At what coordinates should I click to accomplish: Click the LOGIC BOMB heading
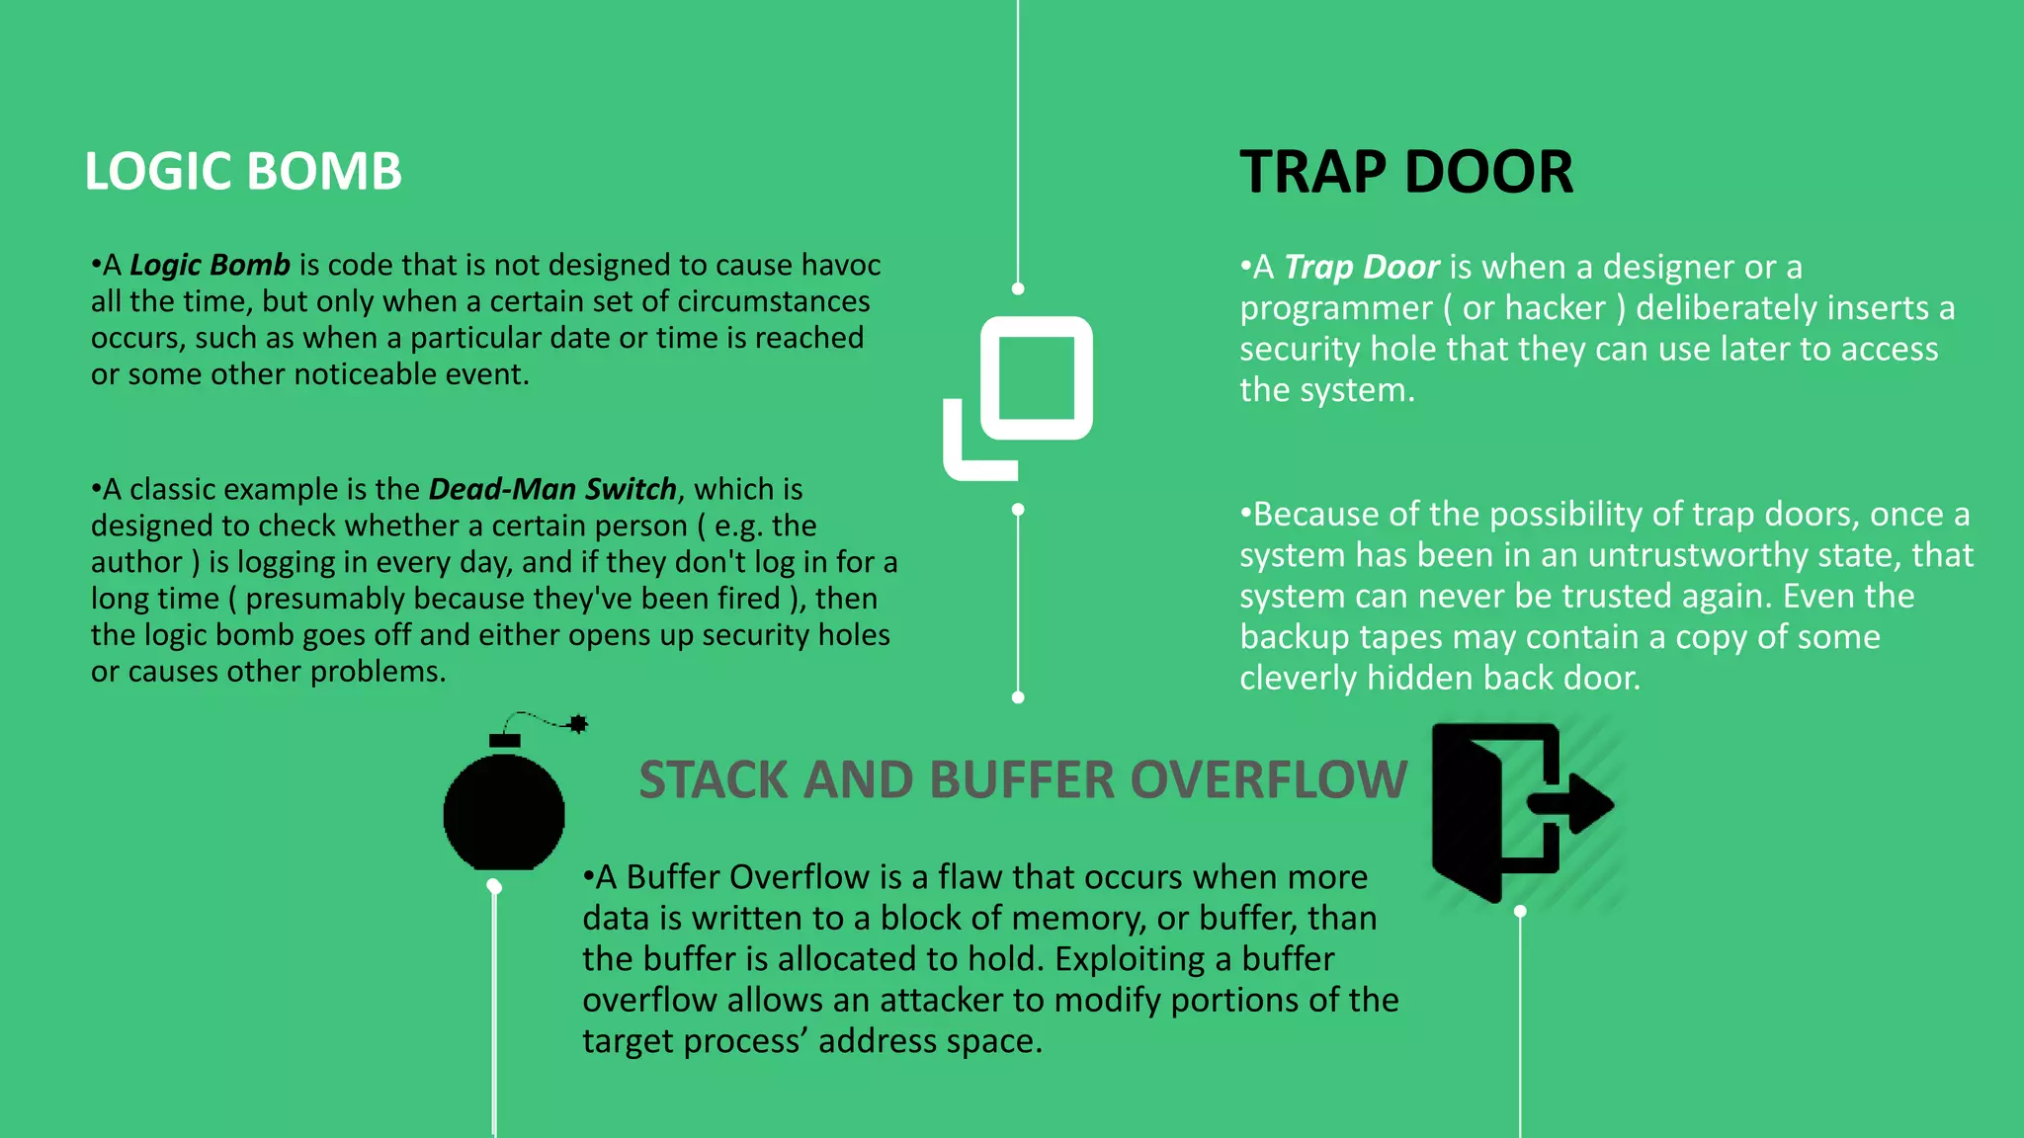243,171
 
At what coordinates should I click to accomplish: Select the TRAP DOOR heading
1405,172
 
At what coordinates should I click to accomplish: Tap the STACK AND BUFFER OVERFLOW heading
1022,779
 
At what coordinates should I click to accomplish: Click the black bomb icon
504,810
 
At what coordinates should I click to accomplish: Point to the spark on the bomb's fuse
578,724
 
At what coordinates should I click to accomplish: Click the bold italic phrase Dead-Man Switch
552,489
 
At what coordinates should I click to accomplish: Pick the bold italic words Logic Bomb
210,265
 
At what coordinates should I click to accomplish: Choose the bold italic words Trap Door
1361,267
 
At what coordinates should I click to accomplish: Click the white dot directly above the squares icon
1018,288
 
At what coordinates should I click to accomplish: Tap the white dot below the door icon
1520,911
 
